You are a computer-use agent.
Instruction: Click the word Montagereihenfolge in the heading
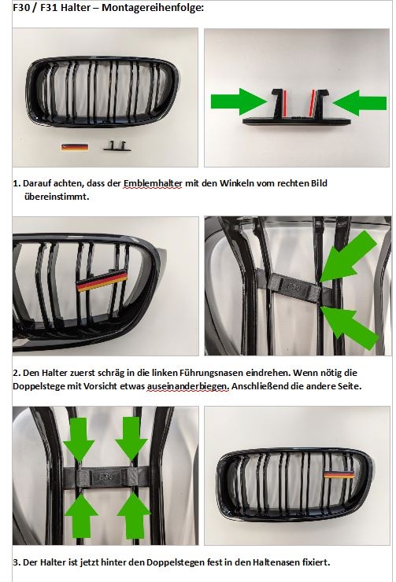click(x=152, y=7)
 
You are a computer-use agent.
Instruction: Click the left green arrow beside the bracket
click(x=239, y=101)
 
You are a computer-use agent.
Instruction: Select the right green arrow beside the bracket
click(x=359, y=102)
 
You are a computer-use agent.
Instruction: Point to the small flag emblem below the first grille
click(x=75, y=146)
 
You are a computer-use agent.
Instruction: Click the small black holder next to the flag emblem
click(x=117, y=145)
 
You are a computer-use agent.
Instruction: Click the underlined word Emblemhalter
click(x=153, y=183)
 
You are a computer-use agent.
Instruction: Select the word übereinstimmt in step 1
click(x=57, y=197)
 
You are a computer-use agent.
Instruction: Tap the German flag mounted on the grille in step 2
click(x=102, y=282)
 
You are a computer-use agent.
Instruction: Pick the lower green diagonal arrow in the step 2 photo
click(x=349, y=327)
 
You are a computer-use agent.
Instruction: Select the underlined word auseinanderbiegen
click(x=187, y=386)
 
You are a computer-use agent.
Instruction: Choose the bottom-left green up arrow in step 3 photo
click(x=81, y=516)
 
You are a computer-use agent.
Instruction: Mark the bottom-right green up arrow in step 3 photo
click(x=134, y=515)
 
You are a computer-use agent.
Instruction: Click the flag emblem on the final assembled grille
click(x=339, y=474)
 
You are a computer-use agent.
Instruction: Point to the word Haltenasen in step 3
click(x=276, y=562)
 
